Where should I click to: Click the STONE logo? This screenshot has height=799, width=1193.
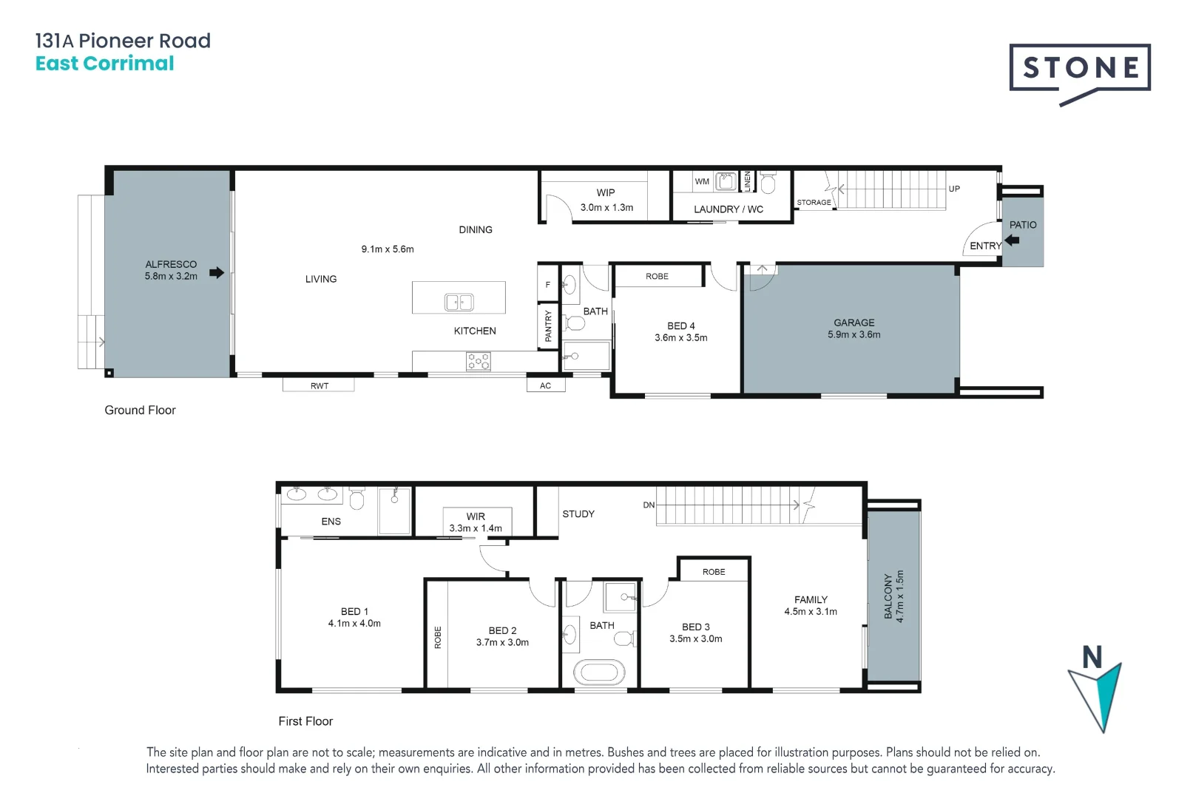tap(1080, 69)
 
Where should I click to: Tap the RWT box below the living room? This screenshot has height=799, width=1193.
tap(319, 385)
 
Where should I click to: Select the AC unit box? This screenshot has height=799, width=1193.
tap(546, 385)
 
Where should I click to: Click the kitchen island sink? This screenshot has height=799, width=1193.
tap(459, 302)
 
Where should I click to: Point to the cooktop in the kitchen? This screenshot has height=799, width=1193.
tap(479, 361)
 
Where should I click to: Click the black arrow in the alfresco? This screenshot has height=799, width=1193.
tap(217, 273)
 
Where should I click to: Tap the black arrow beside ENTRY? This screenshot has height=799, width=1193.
tap(1013, 240)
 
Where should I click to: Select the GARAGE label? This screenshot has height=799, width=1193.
tap(854, 323)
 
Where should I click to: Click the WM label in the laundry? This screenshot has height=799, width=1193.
tap(702, 181)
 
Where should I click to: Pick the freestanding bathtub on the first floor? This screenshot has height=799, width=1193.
tap(599, 672)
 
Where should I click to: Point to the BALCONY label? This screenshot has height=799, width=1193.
tap(888, 596)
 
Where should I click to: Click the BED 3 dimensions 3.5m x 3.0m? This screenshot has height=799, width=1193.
tap(695, 639)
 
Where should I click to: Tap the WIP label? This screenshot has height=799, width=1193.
tap(606, 192)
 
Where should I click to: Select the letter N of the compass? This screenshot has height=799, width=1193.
tap(1092, 657)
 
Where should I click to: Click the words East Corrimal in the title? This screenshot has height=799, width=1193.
tap(104, 64)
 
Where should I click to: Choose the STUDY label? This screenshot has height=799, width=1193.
tap(578, 514)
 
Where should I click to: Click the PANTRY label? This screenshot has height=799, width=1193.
tap(548, 326)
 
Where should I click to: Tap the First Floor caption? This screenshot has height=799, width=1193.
tap(305, 721)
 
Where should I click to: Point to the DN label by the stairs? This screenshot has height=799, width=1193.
tap(649, 505)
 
